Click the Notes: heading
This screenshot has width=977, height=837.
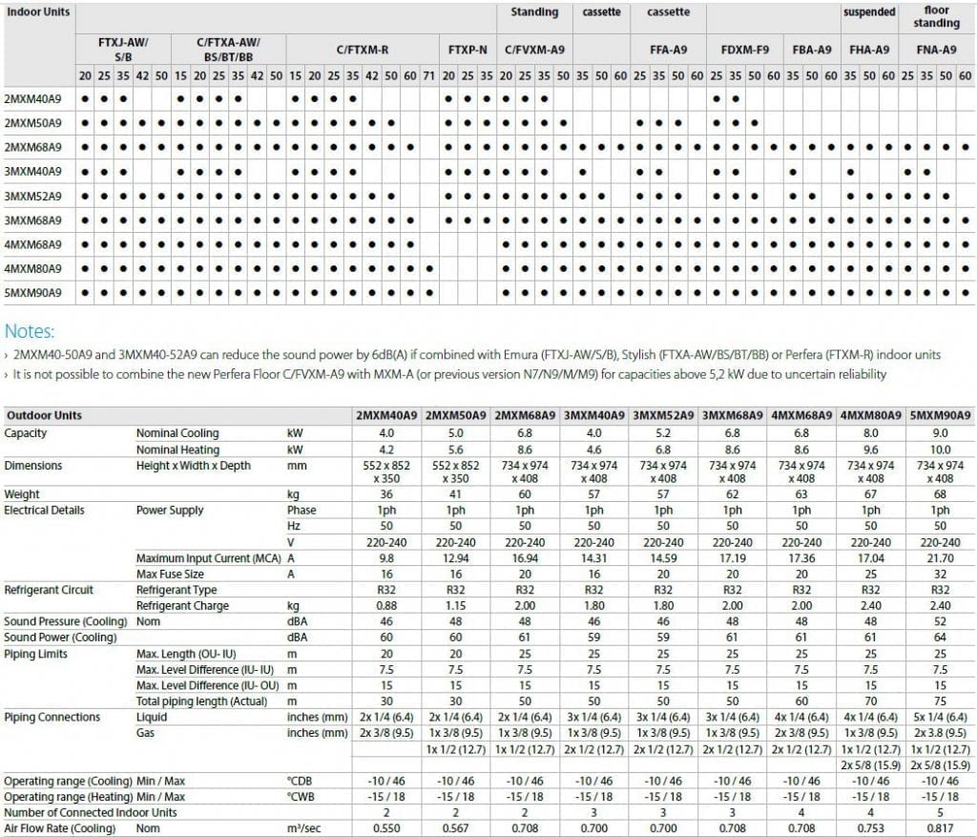(x=30, y=331)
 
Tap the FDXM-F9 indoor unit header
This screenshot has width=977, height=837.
(x=743, y=50)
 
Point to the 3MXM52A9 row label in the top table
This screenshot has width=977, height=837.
(x=33, y=196)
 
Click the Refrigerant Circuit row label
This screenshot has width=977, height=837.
(x=47, y=590)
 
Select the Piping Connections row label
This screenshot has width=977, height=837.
(x=52, y=717)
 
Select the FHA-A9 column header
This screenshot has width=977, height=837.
(x=868, y=50)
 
